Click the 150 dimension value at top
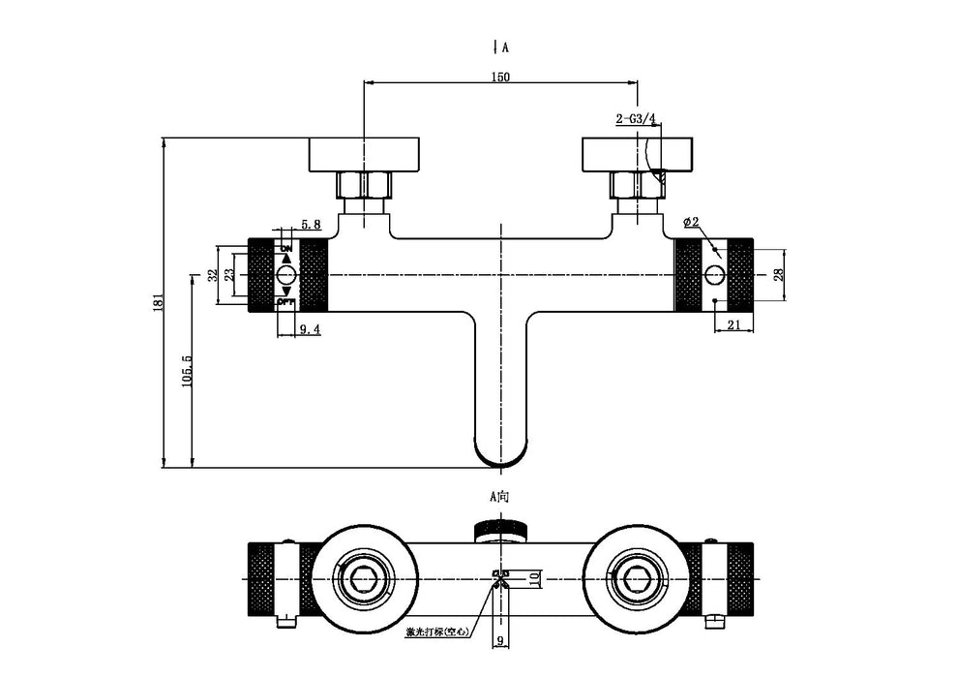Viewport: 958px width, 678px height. click(500, 77)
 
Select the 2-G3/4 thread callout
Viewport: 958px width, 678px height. click(636, 119)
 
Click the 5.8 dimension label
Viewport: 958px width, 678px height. click(310, 225)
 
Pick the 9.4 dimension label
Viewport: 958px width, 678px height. click(310, 329)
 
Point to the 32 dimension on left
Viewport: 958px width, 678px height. click(213, 275)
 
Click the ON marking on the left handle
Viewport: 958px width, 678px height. click(285, 248)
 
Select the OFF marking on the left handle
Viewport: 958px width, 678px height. click(285, 303)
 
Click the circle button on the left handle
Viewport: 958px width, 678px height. click(285, 276)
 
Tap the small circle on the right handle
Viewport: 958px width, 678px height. click(714, 273)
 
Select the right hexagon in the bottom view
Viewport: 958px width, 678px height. click(636, 578)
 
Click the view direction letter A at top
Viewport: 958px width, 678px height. click(505, 46)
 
